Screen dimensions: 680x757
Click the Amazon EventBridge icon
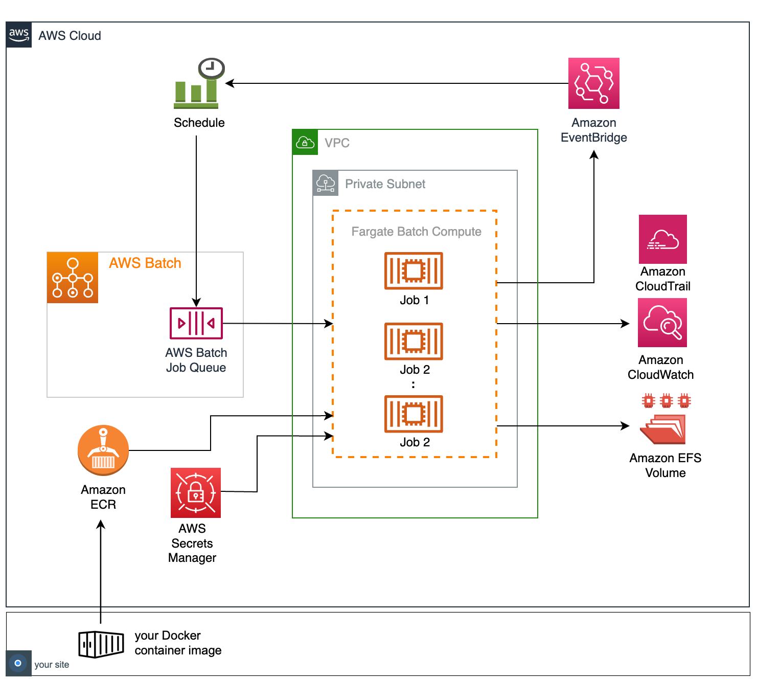pyautogui.click(x=593, y=83)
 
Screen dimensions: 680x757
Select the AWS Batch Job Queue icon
pyautogui.click(x=196, y=323)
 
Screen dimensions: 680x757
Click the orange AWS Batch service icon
pyautogui.click(x=73, y=278)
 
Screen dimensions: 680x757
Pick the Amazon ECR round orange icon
pyautogui.click(x=103, y=450)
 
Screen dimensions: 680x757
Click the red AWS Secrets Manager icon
pyautogui.click(x=196, y=493)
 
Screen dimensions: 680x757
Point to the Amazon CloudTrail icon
pyautogui.click(x=662, y=239)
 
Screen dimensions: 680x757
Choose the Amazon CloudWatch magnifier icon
pyautogui.click(x=662, y=323)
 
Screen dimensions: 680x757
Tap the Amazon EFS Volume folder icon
pyautogui.click(x=663, y=428)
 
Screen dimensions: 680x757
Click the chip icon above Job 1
pyautogui.click(x=414, y=271)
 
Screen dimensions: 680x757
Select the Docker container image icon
pyautogui.click(x=101, y=644)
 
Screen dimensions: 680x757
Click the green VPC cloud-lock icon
pyautogui.click(x=305, y=142)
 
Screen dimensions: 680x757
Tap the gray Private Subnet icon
pyautogui.click(x=326, y=183)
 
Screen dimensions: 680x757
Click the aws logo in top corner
pyautogui.click(x=19, y=35)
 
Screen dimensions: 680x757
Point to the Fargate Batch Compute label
pyautogui.click(x=416, y=232)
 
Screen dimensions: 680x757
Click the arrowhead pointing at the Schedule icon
pyautogui.click(x=230, y=83)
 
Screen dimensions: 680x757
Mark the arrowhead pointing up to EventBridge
pyautogui.click(x=594, y=154)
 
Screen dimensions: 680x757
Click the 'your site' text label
pyautogui.click(x=52, y=665)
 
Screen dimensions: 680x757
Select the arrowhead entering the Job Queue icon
pyautogui.click(x=196, y=302)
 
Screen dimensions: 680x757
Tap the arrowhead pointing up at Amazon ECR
pyautogui.click(x=101, y=525)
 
